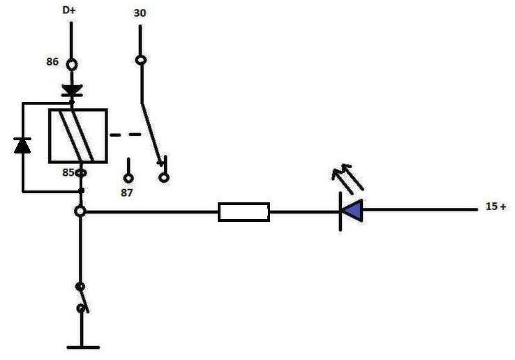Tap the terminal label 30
pos(140,13)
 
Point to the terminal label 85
pos(67,172)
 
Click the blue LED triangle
pos(352,210)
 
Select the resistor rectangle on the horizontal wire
pos(244,211)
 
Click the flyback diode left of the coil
pos(22,145)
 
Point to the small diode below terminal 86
pos(70,90)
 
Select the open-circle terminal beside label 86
pos(70,64)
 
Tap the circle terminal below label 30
pos(140,60)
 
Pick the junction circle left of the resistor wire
pos(81,211)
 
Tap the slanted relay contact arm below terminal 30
pos(153,133)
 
